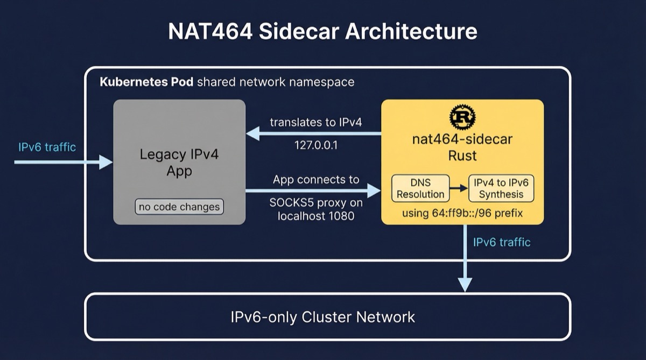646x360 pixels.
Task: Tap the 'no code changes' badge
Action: click(179, 207)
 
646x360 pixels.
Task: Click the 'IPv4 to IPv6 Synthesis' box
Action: click(501, 188)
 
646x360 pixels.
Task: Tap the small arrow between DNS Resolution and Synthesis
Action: click(459, 188)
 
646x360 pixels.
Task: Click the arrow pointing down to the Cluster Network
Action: click(464, 258)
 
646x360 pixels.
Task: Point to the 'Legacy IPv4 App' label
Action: click(179, 163)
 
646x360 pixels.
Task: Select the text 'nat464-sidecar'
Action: click(462, 139)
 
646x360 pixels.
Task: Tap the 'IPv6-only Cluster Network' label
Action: click(323, 316)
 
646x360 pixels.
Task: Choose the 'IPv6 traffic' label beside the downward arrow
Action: click(502, 242)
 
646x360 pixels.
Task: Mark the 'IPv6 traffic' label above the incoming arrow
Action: click(47, 147)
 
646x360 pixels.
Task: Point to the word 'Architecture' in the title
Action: click(411, 31)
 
